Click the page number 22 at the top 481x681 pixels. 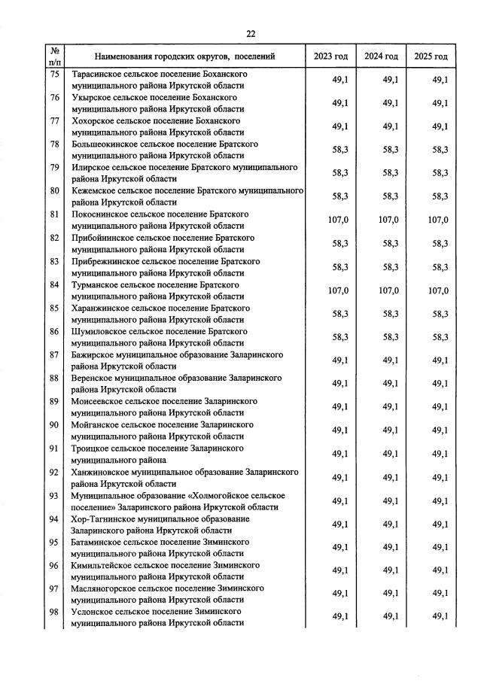click(x=251, y=33)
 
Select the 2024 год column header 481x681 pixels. click(x=381, y=56)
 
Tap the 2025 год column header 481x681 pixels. click(x=431, y=56)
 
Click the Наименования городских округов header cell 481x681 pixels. click(x=184, y=56)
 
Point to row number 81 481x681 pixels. click(x=54, y=214)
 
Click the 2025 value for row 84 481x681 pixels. click(x=438, y=290)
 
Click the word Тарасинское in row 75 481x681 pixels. click(x=98, y=74)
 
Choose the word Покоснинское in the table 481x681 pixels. click(x=101, y=214)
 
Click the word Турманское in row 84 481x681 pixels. click(x=96, y=285)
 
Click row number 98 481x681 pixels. click(x=54, y=613)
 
